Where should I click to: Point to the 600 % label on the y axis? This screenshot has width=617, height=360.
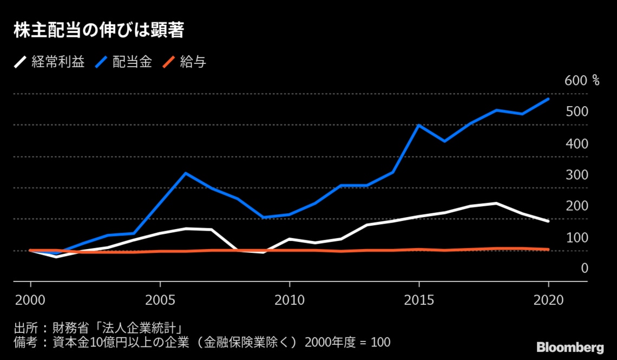[x=582, y=81]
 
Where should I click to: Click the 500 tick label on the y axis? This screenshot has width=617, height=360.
[x=576, y=112]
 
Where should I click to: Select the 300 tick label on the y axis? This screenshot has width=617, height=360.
[x=576, y=175]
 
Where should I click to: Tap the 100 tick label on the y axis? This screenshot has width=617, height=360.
[x=576, y=238]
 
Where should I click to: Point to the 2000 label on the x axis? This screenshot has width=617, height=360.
[x=30, y=299]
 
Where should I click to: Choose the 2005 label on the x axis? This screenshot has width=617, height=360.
[x=160, y=299]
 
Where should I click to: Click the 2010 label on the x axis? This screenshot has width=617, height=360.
[x=290, y=299]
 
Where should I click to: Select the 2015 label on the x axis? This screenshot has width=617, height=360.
[x=419, y=299]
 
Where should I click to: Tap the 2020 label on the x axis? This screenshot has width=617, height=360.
[x=548, y=299]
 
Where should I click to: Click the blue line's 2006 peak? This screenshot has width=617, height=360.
[x=186, y=173]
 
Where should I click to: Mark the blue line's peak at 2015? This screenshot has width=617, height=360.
[x=419, y=125]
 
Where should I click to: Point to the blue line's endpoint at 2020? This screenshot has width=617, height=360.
[x=548, y=99]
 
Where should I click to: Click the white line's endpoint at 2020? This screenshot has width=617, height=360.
[x=548, y=221]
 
